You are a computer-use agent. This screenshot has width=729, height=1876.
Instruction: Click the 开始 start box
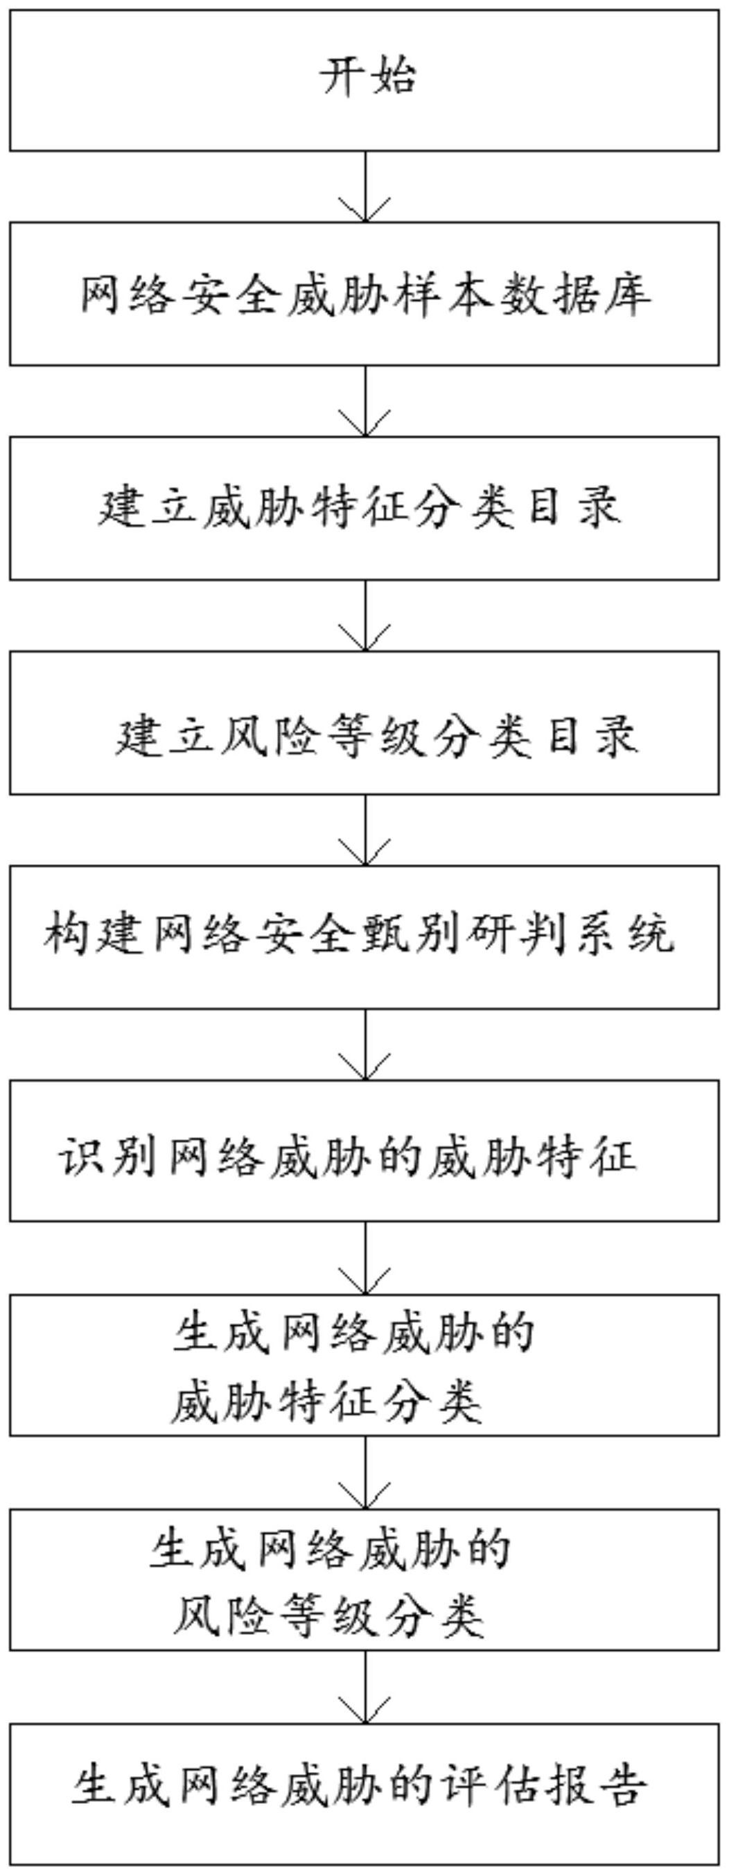click(x=364, y=80)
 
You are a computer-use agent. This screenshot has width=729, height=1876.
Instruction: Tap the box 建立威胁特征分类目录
click(x=364, y=507)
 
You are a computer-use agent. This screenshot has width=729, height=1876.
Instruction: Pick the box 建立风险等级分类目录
click(x=364, y=722)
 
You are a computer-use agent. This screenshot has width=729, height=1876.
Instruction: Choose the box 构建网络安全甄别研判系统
click(x=364, y=936)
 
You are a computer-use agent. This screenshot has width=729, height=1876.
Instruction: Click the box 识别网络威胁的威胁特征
click(x=364, y=1151)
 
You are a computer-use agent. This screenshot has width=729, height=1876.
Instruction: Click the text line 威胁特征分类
click(x=326, y=1402)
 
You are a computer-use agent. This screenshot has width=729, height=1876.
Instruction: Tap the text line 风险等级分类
click(x=328, y=1615)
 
